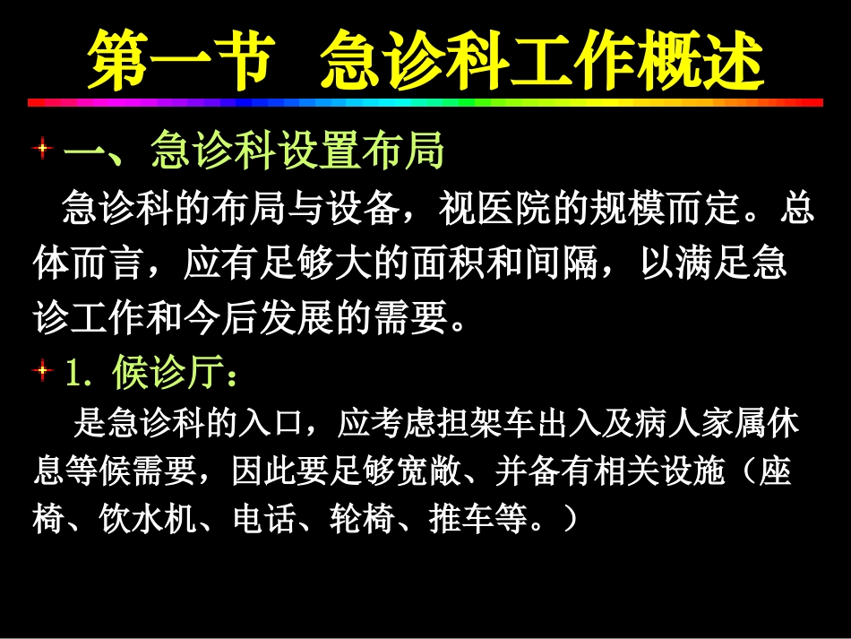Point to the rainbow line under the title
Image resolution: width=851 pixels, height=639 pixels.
pos(425,103)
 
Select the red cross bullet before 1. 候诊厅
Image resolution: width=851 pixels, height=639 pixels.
pos(40,369)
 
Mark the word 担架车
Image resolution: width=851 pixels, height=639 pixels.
pos(458,423)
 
